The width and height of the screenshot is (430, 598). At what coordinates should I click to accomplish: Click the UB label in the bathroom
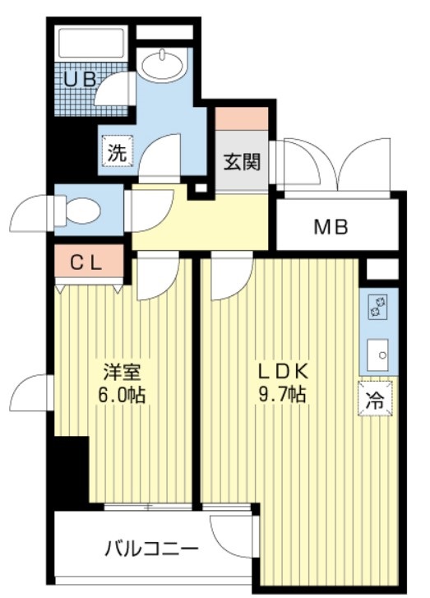(81, 80)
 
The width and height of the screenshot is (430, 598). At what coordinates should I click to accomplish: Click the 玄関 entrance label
(242, 161)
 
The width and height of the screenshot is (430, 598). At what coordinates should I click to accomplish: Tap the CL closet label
(85, 264)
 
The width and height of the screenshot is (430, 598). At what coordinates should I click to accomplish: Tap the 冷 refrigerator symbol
(374, 401)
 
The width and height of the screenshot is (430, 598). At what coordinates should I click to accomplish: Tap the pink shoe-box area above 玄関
(242, 118)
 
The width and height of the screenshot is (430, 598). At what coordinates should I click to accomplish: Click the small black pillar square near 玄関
(197, 190)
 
